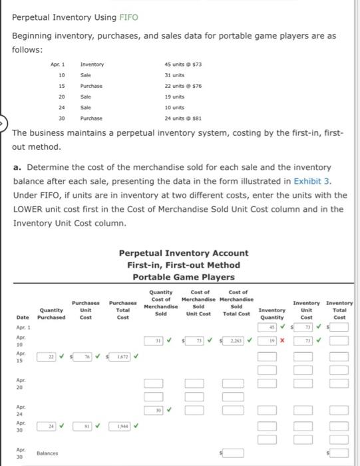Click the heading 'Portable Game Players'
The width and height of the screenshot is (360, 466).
(x=183, y=277)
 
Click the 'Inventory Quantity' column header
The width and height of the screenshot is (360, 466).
(x=271, y=314)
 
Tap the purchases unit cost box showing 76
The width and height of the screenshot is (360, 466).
(x=86, y=357)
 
